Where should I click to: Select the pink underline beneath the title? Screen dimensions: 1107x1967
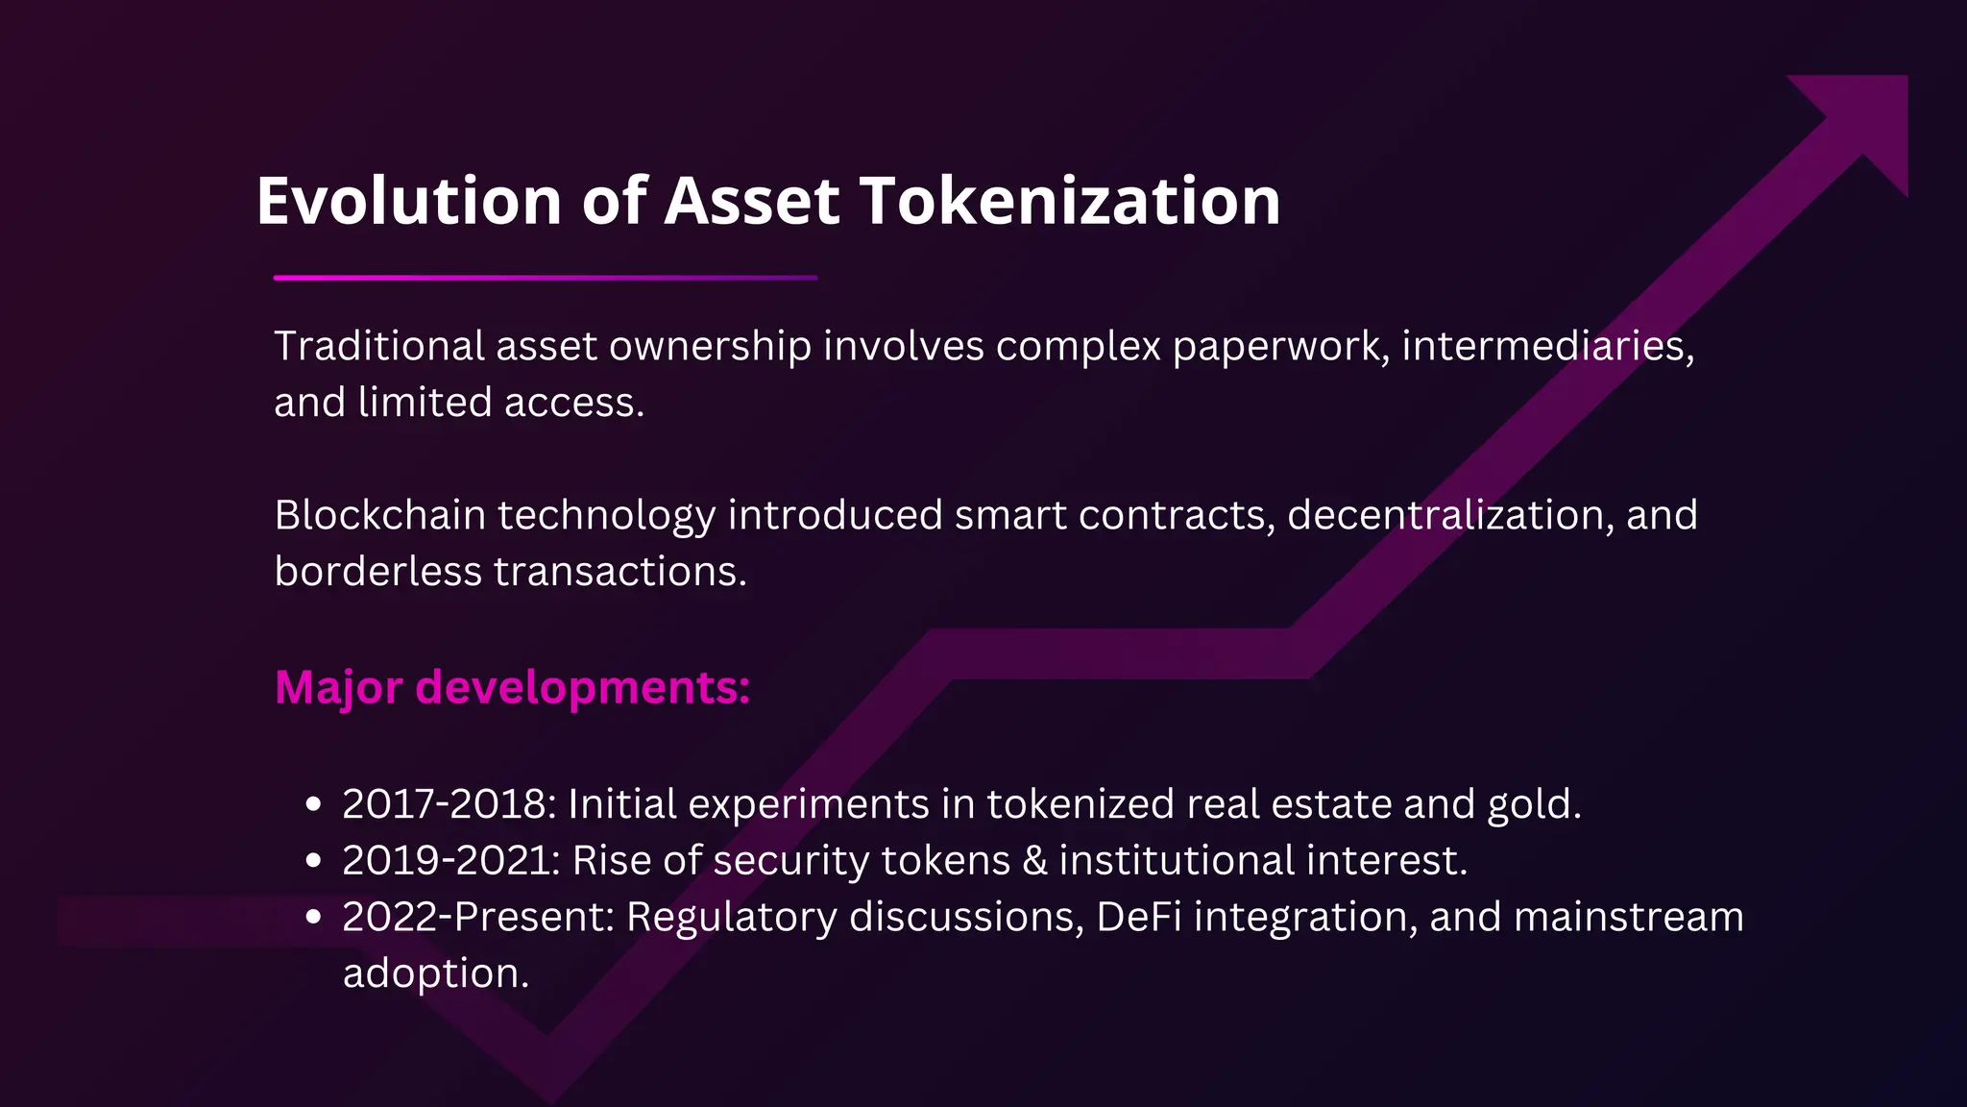(545, 278)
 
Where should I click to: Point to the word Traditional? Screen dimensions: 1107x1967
(379, 346)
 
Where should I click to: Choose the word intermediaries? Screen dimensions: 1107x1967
(1547, 346)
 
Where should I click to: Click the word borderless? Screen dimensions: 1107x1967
(378, 572)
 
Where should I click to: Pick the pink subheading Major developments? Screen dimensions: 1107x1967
(512, 688)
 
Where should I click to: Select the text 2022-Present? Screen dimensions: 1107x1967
(477, 917)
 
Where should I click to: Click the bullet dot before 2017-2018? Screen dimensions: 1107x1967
(312, 805)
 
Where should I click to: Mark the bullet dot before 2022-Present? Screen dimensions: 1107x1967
(312, 918)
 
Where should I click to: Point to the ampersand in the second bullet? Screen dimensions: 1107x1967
(1034, 861)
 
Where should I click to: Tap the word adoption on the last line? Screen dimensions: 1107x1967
(435, 973)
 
